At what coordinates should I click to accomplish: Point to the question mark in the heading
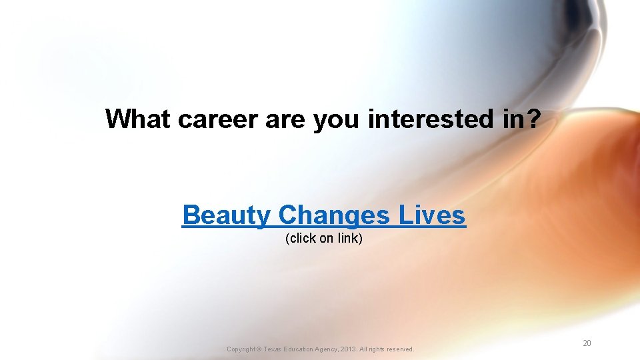535,119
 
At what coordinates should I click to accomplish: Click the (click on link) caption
324,239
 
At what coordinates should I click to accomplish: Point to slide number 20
587,343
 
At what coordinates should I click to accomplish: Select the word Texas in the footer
276,349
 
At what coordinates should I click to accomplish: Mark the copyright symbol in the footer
260,349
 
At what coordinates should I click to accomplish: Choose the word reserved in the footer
400,349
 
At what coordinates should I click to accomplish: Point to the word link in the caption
349,239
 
